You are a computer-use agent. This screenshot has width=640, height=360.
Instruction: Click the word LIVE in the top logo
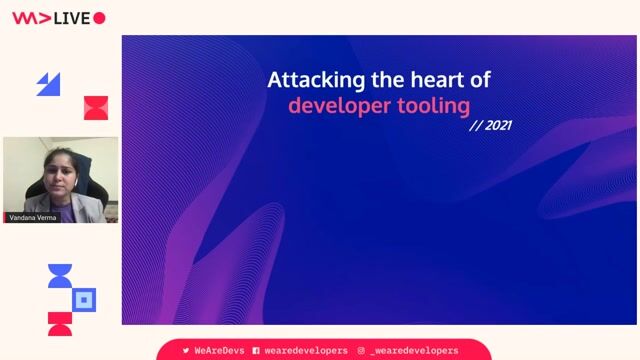[x=70, y=17]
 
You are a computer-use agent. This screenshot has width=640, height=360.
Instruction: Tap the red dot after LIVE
[x=99, y=17]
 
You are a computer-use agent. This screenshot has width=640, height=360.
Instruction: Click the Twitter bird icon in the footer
[x=186, y=351]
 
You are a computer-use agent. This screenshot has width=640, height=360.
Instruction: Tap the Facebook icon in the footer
[x=256, y=351]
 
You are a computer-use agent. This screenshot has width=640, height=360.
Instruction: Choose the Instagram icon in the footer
[x=361, y=351]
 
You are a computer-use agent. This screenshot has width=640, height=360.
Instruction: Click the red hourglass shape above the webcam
[x=95, y=108]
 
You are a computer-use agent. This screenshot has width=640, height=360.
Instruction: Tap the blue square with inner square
[x=85, y=299]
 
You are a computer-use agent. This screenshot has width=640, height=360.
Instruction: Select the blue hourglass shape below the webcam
[x=60, y=276]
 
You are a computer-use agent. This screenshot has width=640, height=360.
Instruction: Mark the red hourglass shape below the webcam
[x=60, y=323]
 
